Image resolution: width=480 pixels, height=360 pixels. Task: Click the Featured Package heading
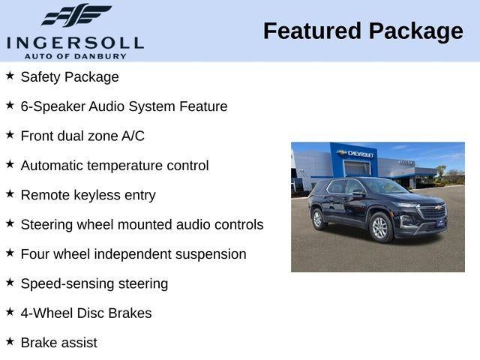click(x=363, y=31)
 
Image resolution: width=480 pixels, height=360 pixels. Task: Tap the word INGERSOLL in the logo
click(x=75, y=42)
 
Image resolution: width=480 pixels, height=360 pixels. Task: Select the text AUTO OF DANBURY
click(x=75, y=56)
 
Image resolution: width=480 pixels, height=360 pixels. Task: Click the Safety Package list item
click(x=70, y=76)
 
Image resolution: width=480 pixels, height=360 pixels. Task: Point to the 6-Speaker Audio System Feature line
click(x=124, y=106)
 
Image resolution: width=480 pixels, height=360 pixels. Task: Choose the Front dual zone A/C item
click(x=82, y=136)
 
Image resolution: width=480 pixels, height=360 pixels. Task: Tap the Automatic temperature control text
click(x=115, y=166)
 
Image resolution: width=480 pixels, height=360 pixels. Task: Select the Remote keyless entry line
click(x=88, y=195)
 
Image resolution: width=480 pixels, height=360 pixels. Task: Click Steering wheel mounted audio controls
click(x=142, y=224)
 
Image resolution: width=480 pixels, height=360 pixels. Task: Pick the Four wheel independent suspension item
click(x=133, y=254)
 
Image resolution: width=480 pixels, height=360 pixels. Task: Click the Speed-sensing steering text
click(x=94, y=283)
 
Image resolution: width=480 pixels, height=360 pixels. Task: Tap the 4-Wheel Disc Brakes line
click(x=86, y=313)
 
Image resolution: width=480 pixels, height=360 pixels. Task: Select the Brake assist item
click(x=59, y=343)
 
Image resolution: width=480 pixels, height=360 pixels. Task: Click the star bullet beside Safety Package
click(x=10, y=76)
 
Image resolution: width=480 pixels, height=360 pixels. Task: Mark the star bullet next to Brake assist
click(x=10, y=342)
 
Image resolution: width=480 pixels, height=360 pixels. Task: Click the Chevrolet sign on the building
click(x=356, y=154)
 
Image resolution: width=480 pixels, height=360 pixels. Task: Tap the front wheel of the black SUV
click(x=381, y=228)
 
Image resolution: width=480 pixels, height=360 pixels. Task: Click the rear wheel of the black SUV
click(x=319, y=219)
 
